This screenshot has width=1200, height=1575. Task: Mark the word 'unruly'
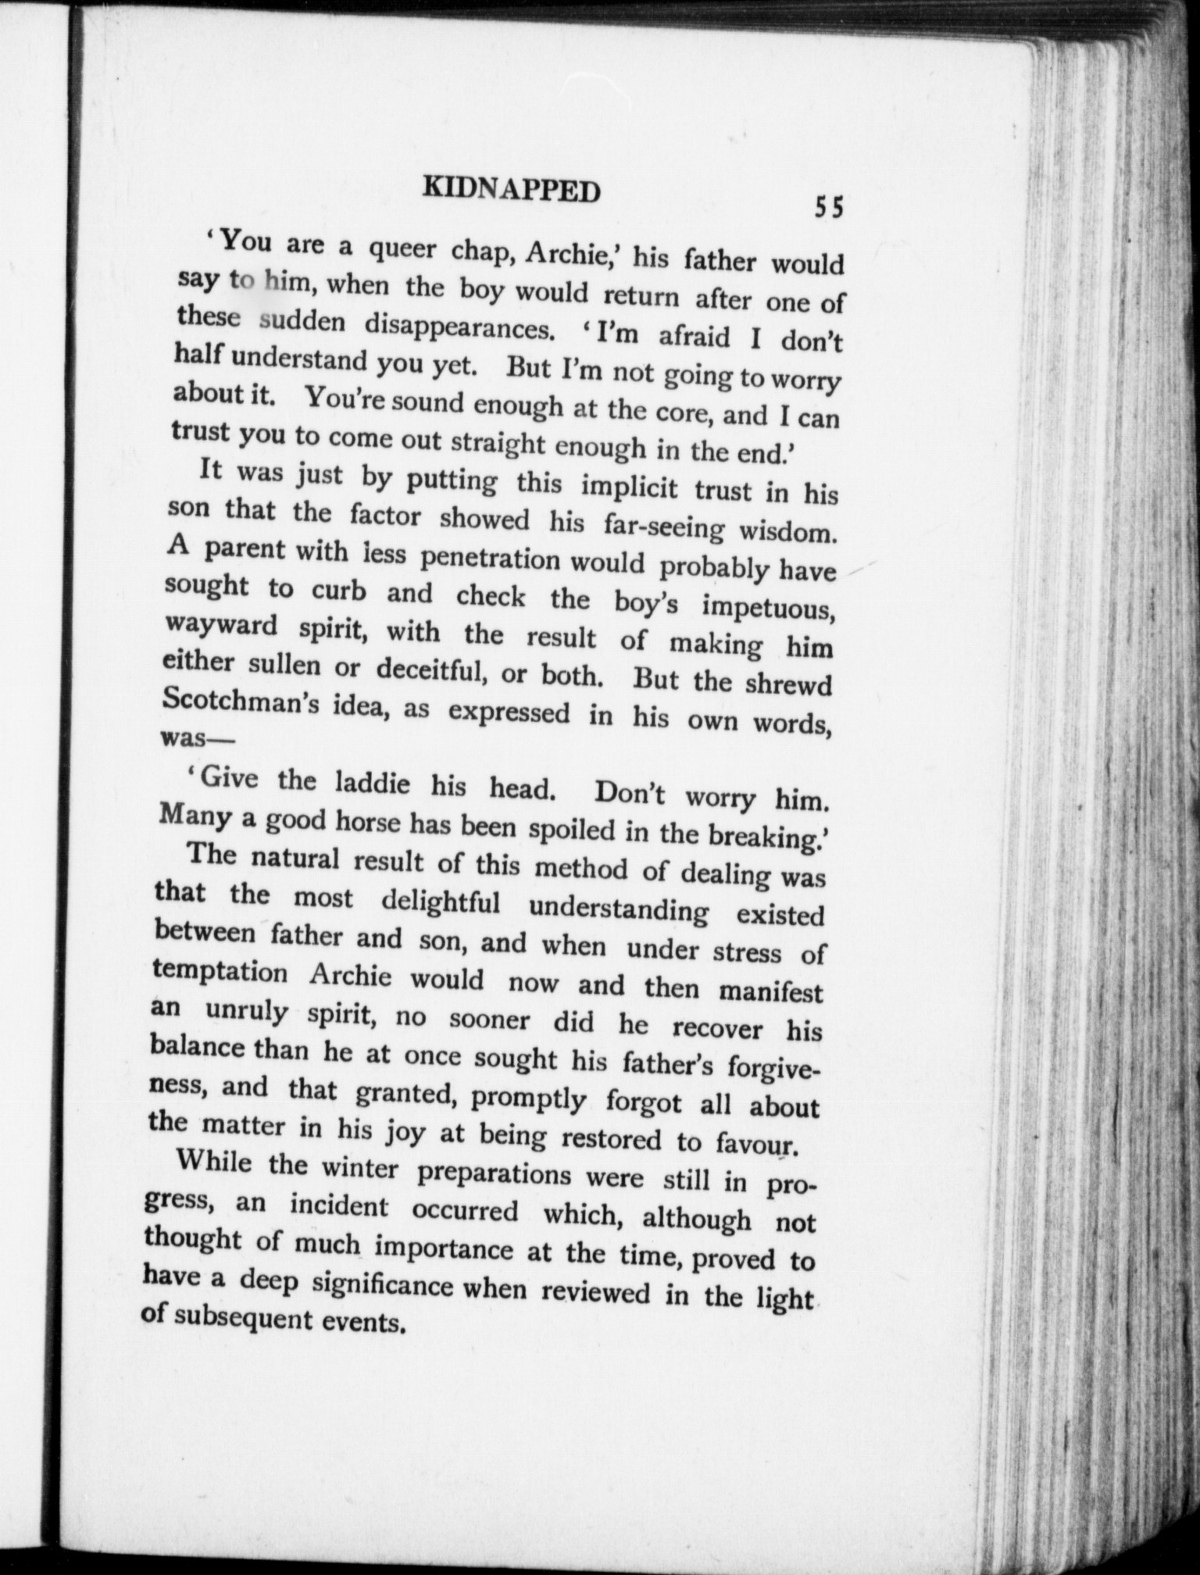tap(248, 1012)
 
